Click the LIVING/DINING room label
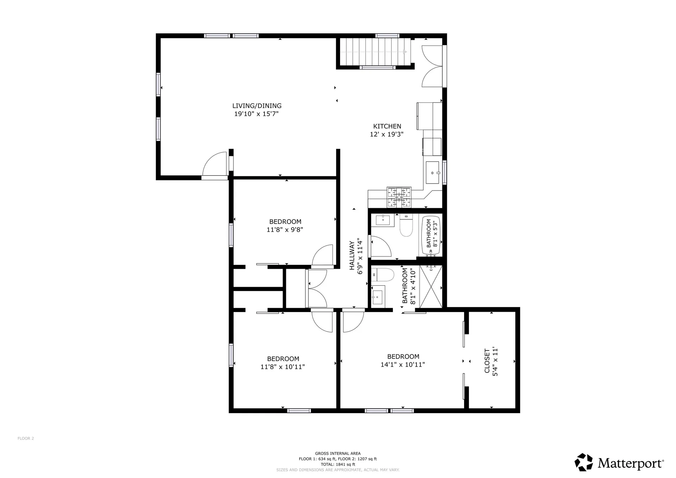tap(257, 106)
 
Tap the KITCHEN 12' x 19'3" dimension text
tap(387, 134)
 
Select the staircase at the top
tap(375, 52)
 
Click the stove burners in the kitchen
tap(399, 197)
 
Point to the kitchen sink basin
tap(432, 173)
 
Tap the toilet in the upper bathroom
tap(406, 228)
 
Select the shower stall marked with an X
tap(431, 287)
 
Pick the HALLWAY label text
tap(352, 255)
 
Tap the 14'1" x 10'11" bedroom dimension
tap(402, 365)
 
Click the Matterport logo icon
tap(584, 462)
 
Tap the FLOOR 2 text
tap(26, 439)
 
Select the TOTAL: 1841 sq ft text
tap(338, 464)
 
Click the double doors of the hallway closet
tap(317, 288)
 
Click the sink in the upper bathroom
tap(382, 220)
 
